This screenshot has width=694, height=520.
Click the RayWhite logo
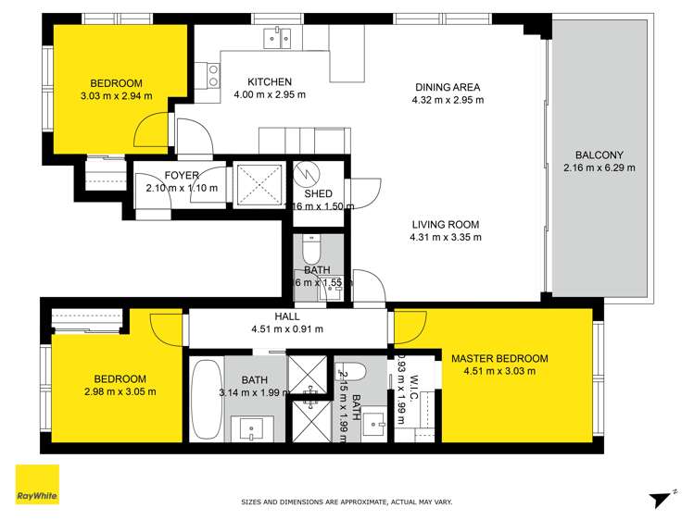[37, 485]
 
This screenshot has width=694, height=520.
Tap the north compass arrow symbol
[660, 499]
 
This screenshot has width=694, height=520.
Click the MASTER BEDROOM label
[499, 358]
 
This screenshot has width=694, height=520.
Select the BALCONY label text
[599, 155]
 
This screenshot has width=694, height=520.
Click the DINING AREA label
[448, 88]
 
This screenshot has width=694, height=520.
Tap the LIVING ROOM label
[447, 224]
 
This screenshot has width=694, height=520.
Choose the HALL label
[286, 316]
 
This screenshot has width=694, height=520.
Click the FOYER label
[182, 175]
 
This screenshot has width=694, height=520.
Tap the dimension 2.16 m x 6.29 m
[599, 168]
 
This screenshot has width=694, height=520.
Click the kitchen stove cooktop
[213, 75]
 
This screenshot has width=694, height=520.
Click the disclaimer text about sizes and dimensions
[347, 501]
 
